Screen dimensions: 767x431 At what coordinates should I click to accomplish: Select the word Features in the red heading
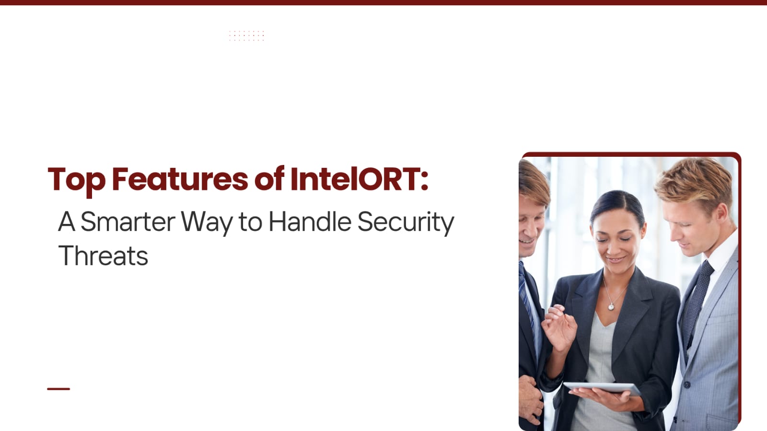click(180, 179)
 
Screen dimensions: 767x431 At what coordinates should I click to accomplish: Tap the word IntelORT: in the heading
click(360, 179)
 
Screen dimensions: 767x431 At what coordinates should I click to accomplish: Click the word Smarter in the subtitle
click(128, 222)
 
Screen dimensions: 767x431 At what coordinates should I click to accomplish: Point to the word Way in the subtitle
click(207, 223)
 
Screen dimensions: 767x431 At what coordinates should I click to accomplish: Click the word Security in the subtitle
click(406, 222)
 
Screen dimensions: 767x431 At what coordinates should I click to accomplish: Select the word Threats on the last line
click(103, 256)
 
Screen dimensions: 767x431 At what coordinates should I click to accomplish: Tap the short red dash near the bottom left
click(58, 389)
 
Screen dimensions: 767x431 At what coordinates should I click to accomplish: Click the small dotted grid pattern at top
click(246, 35)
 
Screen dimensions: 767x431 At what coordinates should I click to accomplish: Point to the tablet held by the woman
click(602, 388)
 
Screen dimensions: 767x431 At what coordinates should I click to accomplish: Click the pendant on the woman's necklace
click(611, 307)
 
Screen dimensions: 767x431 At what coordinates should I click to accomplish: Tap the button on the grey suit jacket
click(686, 385)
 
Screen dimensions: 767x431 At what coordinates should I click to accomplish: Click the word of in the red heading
click(269, 178)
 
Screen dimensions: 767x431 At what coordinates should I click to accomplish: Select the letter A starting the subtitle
click(67, 222)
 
